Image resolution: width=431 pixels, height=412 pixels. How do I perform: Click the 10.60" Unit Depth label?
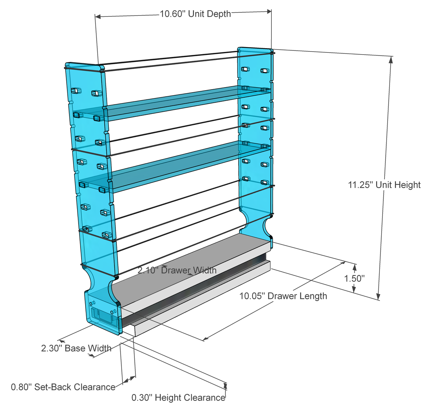point(195,14)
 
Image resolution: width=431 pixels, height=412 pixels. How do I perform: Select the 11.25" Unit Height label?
point(384,185)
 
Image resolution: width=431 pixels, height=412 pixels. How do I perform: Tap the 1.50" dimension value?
point(354,278)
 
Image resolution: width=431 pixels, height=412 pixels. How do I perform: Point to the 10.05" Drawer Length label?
point(283,296)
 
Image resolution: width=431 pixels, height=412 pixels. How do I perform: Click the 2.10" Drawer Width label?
point(177,270)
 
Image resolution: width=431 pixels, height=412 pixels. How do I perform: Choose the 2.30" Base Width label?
point(76,348)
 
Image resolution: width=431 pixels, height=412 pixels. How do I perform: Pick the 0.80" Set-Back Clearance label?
point(63,387)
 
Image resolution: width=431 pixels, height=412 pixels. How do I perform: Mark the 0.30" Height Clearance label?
point(178,398)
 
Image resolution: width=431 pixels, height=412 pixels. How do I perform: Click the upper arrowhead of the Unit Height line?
point(391,60)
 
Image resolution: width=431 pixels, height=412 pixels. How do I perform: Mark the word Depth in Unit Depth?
point(219,14)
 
